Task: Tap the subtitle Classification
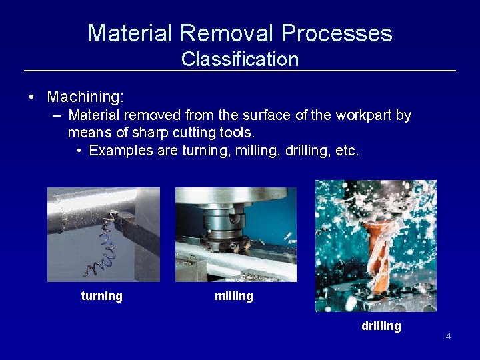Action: click(240, 59)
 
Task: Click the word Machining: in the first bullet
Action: click(85, 97)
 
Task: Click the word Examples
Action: click(121, 151)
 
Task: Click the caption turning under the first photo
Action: click(101, 296)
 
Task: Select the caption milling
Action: click(234, 296)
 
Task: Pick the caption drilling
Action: click(381, 326)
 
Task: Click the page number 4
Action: click(448, 336)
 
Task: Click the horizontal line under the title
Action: click(240, 71)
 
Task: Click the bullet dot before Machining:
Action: click(32, 97)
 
